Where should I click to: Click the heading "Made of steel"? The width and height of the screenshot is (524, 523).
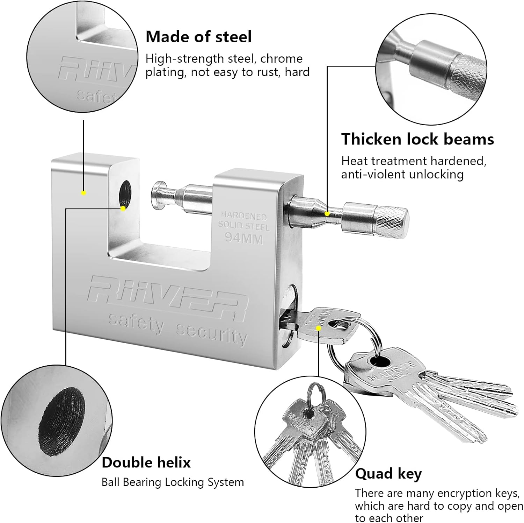tap(198, 37)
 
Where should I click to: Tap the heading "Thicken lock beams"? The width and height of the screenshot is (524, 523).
tap(417, 139)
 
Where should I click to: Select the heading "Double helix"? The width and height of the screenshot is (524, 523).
tap(146, 462)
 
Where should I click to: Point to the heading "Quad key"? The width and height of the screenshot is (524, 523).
tap(388, 474)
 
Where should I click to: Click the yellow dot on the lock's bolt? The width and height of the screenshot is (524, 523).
tap(327, 213)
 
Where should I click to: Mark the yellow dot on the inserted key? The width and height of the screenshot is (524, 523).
tap(318, 328)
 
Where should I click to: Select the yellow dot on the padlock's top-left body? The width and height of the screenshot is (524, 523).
tap(83, 193)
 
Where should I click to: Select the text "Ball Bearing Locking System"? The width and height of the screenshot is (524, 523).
tap(173, 482)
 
